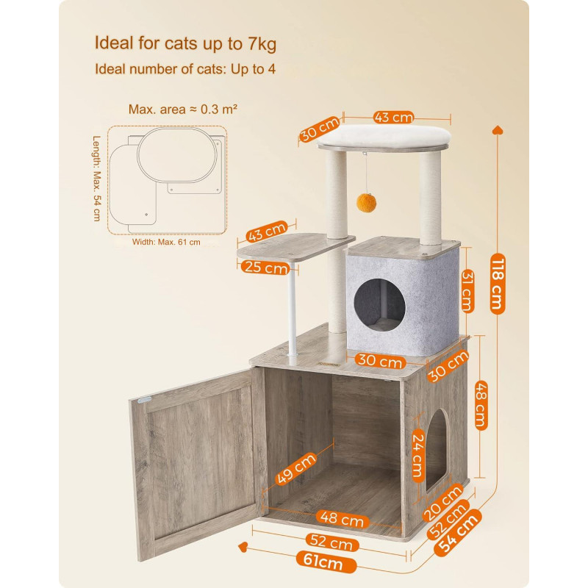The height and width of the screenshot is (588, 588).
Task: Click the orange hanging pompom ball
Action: coord(366,203)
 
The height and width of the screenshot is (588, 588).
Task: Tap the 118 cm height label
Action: coord(498,284)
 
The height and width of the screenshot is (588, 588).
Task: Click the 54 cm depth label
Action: coord(458,531)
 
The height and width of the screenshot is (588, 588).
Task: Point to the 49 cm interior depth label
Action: coord(296,469)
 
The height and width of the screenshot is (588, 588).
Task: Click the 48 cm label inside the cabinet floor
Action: coord(342,519)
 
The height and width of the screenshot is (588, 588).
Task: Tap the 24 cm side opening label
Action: coord(418,455)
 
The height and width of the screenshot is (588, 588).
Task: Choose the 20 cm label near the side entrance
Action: coord(442,503)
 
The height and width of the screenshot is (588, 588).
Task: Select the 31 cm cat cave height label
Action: coord(467,291)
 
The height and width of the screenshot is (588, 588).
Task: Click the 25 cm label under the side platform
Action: coord(265,268)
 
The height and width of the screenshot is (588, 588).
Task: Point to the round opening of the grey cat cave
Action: coord(379,305)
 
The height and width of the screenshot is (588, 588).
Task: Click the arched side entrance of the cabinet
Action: coord(437,449)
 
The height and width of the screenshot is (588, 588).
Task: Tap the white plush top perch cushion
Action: coord(384,135)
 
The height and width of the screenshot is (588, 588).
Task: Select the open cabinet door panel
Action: coord(198,463)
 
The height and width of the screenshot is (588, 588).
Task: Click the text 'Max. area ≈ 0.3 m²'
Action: coord(182,109)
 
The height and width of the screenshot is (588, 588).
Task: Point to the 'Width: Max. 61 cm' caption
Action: coord(166,243)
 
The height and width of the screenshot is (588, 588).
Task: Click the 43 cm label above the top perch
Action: coord(393,118)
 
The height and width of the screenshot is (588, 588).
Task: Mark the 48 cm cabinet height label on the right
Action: coord(481,405)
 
